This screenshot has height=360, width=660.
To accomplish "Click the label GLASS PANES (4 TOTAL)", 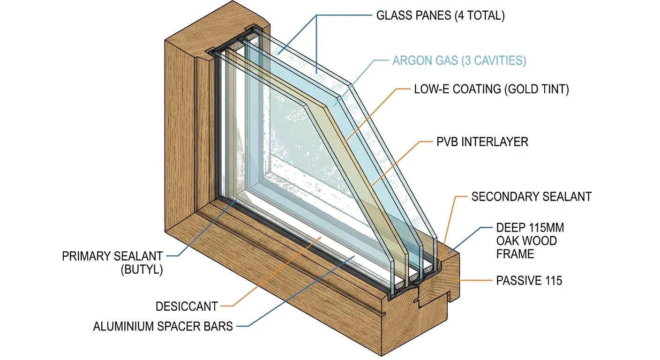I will tap(440, 15).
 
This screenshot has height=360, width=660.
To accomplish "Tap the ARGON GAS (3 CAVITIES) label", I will tap(459, 60).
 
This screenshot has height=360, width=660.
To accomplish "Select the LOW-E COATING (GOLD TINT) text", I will tap(491, 90).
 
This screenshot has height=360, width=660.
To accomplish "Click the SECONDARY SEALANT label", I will tap(531, 196).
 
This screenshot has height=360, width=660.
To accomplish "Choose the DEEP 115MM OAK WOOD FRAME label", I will tap(529, 241).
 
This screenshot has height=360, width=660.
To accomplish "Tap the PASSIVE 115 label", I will tap(529, 281).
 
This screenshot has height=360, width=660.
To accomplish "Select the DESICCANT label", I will tap(187, 307).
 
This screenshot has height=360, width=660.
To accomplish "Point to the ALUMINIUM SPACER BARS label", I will tap(163, 326).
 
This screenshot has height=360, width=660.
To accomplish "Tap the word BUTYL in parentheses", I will tap(142, 270).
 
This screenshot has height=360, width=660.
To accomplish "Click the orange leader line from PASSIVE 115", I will tap(473, 280).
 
